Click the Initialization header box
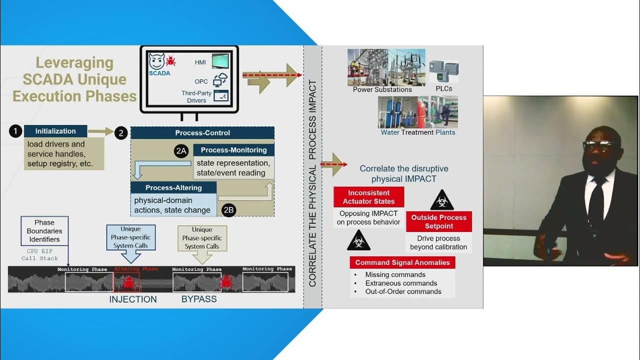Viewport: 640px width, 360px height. coord(55,131)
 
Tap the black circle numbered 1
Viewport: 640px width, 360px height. coord(15,131)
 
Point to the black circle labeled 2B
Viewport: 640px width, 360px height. coord(228,209)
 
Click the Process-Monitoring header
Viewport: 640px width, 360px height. coord(233,150)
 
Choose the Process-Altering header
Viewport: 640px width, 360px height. coord(173,187)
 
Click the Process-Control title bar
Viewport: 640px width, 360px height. coord(202,133)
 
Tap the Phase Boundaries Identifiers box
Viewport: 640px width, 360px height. coord(44,231)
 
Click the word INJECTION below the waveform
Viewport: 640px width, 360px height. coord(133,299)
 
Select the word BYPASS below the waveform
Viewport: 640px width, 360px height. coord(199,299)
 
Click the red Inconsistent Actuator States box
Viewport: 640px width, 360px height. coord(368,197)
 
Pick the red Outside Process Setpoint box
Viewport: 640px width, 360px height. coord(438,221)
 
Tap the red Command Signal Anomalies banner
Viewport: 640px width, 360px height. coord(402,262)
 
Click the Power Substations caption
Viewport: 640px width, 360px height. coord(382,90)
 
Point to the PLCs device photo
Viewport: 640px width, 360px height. coord(444,71)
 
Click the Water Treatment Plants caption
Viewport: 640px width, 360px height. coord(418,132)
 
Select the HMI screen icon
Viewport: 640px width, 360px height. coord(220,61)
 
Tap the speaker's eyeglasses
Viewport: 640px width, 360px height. coord(597,145)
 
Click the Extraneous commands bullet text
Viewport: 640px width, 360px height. coord(394,283)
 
